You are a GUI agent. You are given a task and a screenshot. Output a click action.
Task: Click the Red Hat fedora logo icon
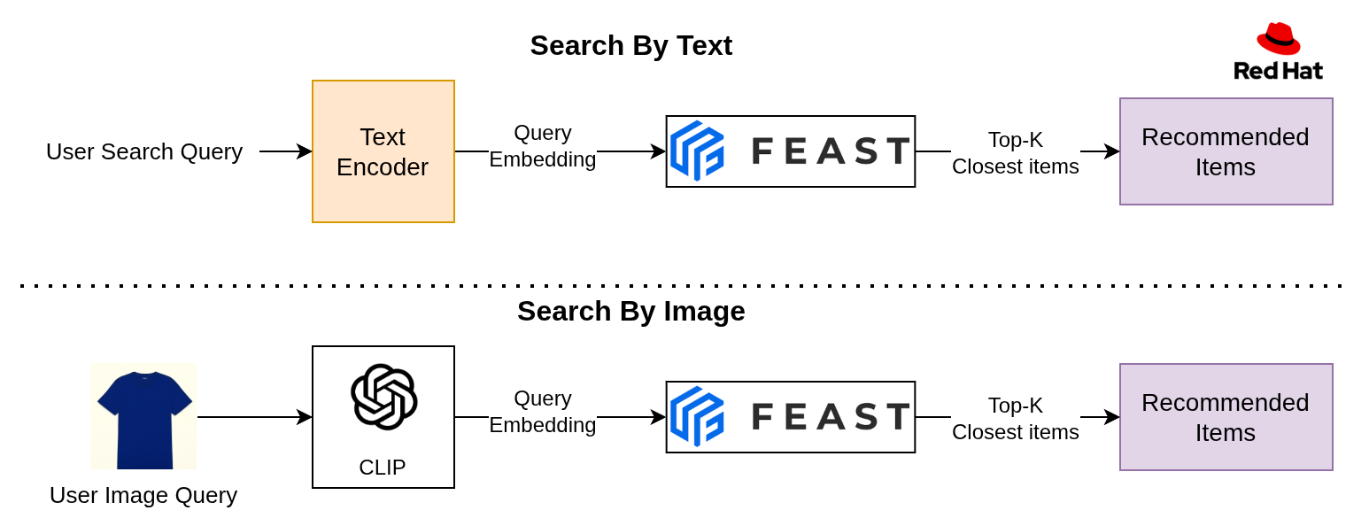pos(1278,39)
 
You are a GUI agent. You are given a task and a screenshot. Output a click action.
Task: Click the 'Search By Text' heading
pos(630,45)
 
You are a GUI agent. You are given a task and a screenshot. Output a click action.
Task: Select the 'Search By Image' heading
pos(630,311)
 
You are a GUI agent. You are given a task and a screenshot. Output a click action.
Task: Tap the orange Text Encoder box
pos(383,151)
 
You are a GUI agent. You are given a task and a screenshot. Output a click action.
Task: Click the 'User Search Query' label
pos(143,151)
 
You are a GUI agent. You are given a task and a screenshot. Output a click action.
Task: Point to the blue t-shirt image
pos(143,416)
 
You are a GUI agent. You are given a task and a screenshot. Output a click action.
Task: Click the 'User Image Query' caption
pos(143,495)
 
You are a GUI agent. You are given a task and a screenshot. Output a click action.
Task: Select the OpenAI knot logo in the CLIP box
pos(383,397)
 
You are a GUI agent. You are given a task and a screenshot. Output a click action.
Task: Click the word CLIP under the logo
pos(383,467)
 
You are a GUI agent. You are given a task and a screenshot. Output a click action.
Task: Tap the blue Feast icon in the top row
pos(697,151)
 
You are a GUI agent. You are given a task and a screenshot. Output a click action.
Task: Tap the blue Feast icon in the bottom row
pos(697,416)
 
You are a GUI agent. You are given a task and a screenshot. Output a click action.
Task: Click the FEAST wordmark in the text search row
pos(831,151)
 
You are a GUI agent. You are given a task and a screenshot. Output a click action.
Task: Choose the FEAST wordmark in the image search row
pos(831,416)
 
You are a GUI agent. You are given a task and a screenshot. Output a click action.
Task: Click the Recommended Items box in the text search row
pos(1226,151)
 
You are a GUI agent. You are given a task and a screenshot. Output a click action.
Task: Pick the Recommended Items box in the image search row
pos(1226,417)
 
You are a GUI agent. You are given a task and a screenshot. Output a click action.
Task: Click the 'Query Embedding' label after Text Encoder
pos(543,146)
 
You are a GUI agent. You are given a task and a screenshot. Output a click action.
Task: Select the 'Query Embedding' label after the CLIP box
pos(543,412)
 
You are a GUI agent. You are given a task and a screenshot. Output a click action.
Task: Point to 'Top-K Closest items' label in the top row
pos(1015,152)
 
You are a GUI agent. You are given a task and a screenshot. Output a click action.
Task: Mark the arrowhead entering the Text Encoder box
pos(306,151)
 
